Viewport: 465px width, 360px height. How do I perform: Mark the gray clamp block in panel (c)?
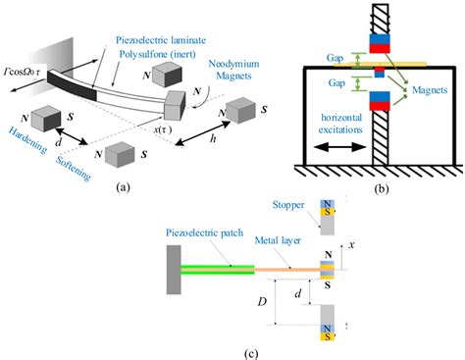[173, 269]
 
